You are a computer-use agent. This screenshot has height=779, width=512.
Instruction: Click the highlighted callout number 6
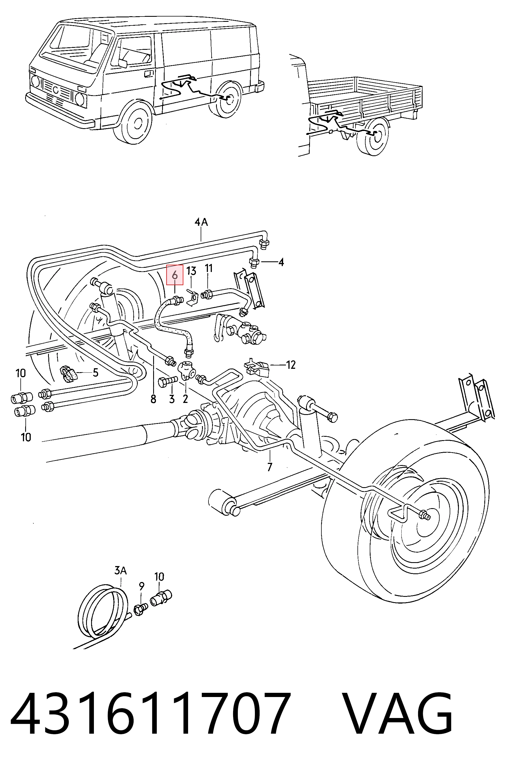(x=175, y=275)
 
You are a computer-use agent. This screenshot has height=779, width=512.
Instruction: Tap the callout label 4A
(x=202, y=222)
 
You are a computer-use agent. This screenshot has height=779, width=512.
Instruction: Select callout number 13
(x=191, y=271)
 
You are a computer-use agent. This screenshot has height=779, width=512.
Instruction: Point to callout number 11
(x=208, y=268)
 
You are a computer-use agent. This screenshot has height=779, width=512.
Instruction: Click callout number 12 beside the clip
(x=291, y=365)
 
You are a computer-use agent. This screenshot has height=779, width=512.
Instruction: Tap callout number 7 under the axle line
(x=269, y=467)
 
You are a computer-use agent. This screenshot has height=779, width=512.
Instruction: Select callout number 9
(x=142, y=586)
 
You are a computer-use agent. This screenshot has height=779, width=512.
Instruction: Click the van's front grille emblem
(x=56, y=89)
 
